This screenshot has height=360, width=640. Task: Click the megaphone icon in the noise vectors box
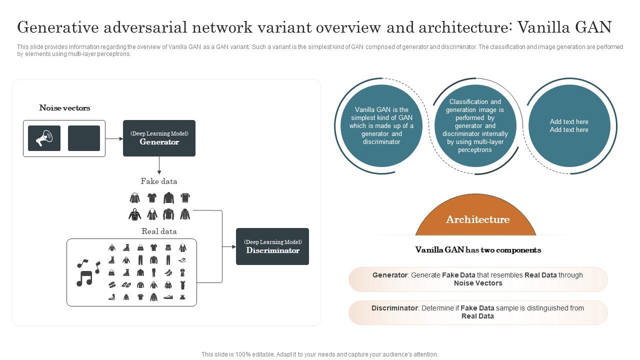(x=44, y=138)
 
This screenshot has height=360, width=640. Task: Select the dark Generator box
(x=159, y=138)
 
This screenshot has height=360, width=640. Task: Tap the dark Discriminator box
(x=272, y=246)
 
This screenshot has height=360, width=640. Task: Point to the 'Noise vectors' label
(x=64, y=108)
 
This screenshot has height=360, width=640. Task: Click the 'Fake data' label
(x=159, y=181)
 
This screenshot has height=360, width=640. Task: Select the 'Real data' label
(x=159, y=231)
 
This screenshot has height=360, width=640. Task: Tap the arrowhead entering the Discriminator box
(x=233, y=246)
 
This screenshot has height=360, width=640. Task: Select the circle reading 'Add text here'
(x=569, y=125)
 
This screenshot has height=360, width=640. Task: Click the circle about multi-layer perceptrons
(x=475, y=125)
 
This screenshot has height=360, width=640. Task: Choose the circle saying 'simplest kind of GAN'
(x=381, y=125)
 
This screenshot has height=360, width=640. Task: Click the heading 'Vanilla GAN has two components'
(x=478, y=250)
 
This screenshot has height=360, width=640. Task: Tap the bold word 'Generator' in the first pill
(x=389, y=275)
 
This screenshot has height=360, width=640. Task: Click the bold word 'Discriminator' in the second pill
(x=394, y=308)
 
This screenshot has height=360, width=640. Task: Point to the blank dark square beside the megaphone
(x=84, y=138)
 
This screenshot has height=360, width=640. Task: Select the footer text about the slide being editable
(x=320, y=354)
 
